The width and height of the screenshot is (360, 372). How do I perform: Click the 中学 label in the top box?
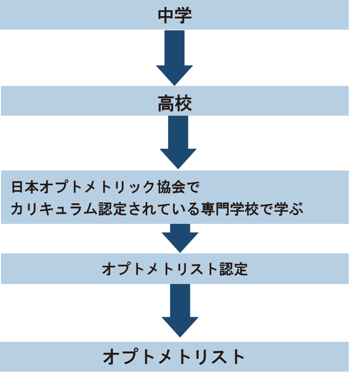(x=175, y=15)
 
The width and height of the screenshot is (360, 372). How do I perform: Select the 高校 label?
(x=175, y=103)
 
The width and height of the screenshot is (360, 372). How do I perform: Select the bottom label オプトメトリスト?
(x=174, y=357)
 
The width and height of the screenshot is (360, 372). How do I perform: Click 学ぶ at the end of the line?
(x=293, y=209)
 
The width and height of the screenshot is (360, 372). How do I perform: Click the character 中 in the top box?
(x=166, y=15)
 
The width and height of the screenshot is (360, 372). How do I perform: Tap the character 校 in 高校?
(x=183, y=103)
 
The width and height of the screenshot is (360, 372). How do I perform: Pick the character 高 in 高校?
(x=166, y=103)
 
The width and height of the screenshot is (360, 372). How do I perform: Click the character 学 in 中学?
(x=183, y=15)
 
